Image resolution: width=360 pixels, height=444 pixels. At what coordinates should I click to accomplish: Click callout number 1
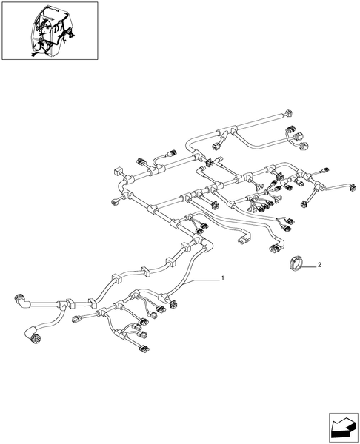click(x=222, y=278)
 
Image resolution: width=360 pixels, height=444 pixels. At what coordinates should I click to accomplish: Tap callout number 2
click(x=319, y=265)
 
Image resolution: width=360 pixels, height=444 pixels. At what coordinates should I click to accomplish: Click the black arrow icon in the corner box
click(x=342, y=428)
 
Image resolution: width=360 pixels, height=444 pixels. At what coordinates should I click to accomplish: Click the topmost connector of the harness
click(x=289, y=112)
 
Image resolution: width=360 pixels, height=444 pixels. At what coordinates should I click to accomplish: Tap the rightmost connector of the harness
click(x=352, y=188)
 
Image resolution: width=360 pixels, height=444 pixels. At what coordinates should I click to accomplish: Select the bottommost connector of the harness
click(x=144, y=349)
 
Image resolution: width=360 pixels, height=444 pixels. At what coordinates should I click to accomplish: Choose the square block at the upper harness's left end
click(x=117, y=172)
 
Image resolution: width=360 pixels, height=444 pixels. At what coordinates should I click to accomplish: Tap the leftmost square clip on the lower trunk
click(x=70, y=303)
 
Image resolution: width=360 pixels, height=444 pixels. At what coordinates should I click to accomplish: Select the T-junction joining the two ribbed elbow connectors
click(x=60, y=305)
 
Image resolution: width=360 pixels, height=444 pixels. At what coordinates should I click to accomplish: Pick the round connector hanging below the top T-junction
click(x=216, y=147)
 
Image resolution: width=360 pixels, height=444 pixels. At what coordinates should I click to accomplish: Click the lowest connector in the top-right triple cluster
click(x=305, y=146)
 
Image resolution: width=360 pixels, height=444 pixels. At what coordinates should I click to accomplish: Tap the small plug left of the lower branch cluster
click(x=76, y=319)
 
